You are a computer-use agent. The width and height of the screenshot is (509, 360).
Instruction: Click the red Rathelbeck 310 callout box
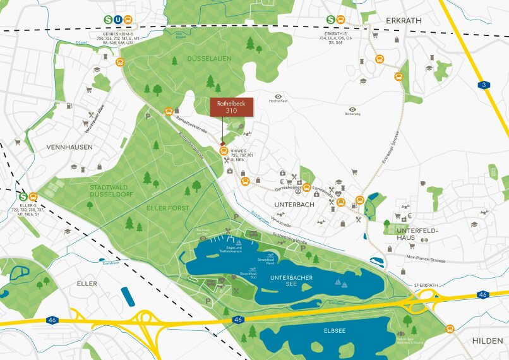(231, 107)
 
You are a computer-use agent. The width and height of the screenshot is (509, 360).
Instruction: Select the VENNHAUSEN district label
(69, 147)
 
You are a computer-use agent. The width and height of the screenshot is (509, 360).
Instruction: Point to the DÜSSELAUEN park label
(209, 58)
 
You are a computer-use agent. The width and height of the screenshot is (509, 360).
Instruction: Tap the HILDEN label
(488, 340)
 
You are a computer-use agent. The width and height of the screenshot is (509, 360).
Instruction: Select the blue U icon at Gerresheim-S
(118, 20)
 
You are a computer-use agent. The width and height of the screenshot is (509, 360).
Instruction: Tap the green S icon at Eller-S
(23, 196)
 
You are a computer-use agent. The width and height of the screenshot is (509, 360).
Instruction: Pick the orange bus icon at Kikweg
(224, 151)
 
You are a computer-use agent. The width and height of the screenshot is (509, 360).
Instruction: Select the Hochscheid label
(278, 100)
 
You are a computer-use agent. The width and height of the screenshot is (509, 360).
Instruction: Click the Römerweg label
(352, 115)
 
